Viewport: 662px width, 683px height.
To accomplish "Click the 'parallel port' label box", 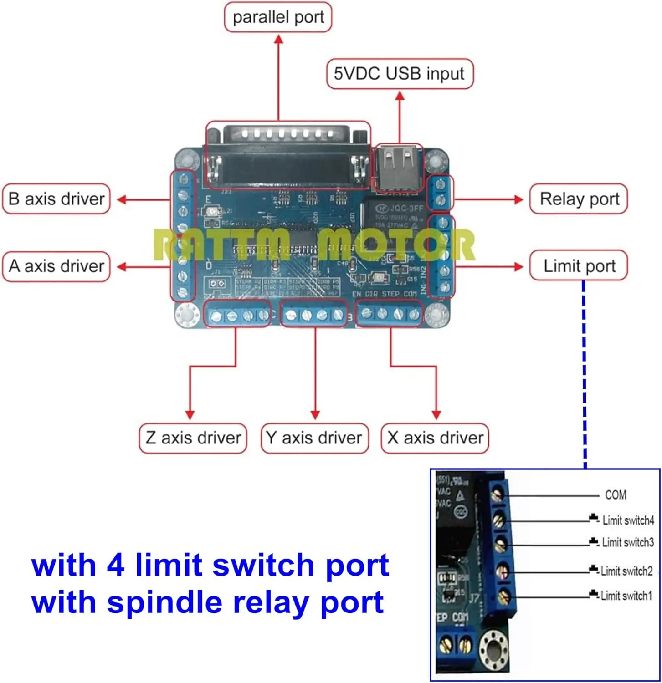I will point(278,17).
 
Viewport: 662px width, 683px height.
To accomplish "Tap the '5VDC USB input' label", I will point(399,74).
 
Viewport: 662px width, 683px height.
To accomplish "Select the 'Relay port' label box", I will point(579,199).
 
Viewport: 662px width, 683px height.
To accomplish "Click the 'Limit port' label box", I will point(579,266).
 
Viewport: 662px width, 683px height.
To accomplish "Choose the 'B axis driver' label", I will point(56,199).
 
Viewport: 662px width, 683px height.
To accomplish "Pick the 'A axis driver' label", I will point(56,266).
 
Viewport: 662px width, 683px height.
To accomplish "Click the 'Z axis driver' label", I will point(193,438).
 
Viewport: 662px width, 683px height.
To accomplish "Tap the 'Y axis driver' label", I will point(314,438).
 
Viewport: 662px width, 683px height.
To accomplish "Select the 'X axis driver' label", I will point(435,438).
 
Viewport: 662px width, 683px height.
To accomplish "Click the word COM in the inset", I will point(616,495).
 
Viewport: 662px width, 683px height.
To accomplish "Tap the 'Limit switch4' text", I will point(628,520).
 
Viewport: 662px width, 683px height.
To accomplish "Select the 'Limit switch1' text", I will point(626,596).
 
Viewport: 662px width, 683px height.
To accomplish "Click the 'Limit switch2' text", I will point(626,571).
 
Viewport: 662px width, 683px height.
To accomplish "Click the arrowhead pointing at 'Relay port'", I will point(518,199).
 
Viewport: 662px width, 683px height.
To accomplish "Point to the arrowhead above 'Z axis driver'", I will point(190,414).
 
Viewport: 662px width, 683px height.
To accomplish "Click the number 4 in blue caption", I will point(116,565).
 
